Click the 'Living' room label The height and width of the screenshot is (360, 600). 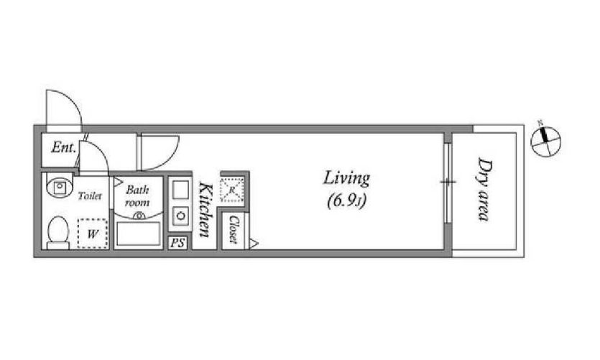(346, 179)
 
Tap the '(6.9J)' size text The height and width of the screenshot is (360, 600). (346, 201)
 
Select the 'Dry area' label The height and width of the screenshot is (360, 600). (484, 190)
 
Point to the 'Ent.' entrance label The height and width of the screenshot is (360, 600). (63, 147)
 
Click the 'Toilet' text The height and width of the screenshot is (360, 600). (90, 196)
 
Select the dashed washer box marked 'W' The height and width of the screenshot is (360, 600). (92, 234)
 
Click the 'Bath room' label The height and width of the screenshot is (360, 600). (137, 196)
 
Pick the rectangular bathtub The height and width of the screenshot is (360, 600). (138, 234)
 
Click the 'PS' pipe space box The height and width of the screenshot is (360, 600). (177, 243)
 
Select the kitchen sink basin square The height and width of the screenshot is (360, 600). (180, 190)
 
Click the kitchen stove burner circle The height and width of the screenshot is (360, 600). (180, 216)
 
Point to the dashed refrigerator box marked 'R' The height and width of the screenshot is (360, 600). (232, 190)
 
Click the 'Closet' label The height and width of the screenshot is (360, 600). (233, 229)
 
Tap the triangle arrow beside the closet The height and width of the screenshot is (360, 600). (254, 243)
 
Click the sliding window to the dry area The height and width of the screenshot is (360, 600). (448, 182)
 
